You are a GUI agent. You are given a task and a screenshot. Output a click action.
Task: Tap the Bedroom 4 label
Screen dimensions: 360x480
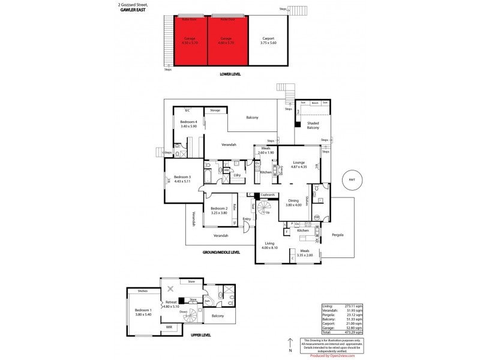click(188, 124)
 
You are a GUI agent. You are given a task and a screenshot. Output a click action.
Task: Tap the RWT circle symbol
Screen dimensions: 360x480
click(352, 179)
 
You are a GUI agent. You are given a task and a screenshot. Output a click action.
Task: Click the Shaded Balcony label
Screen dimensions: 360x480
click(313, 125)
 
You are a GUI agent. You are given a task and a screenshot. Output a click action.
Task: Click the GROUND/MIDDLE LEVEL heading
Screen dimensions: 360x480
click(222, 253)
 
